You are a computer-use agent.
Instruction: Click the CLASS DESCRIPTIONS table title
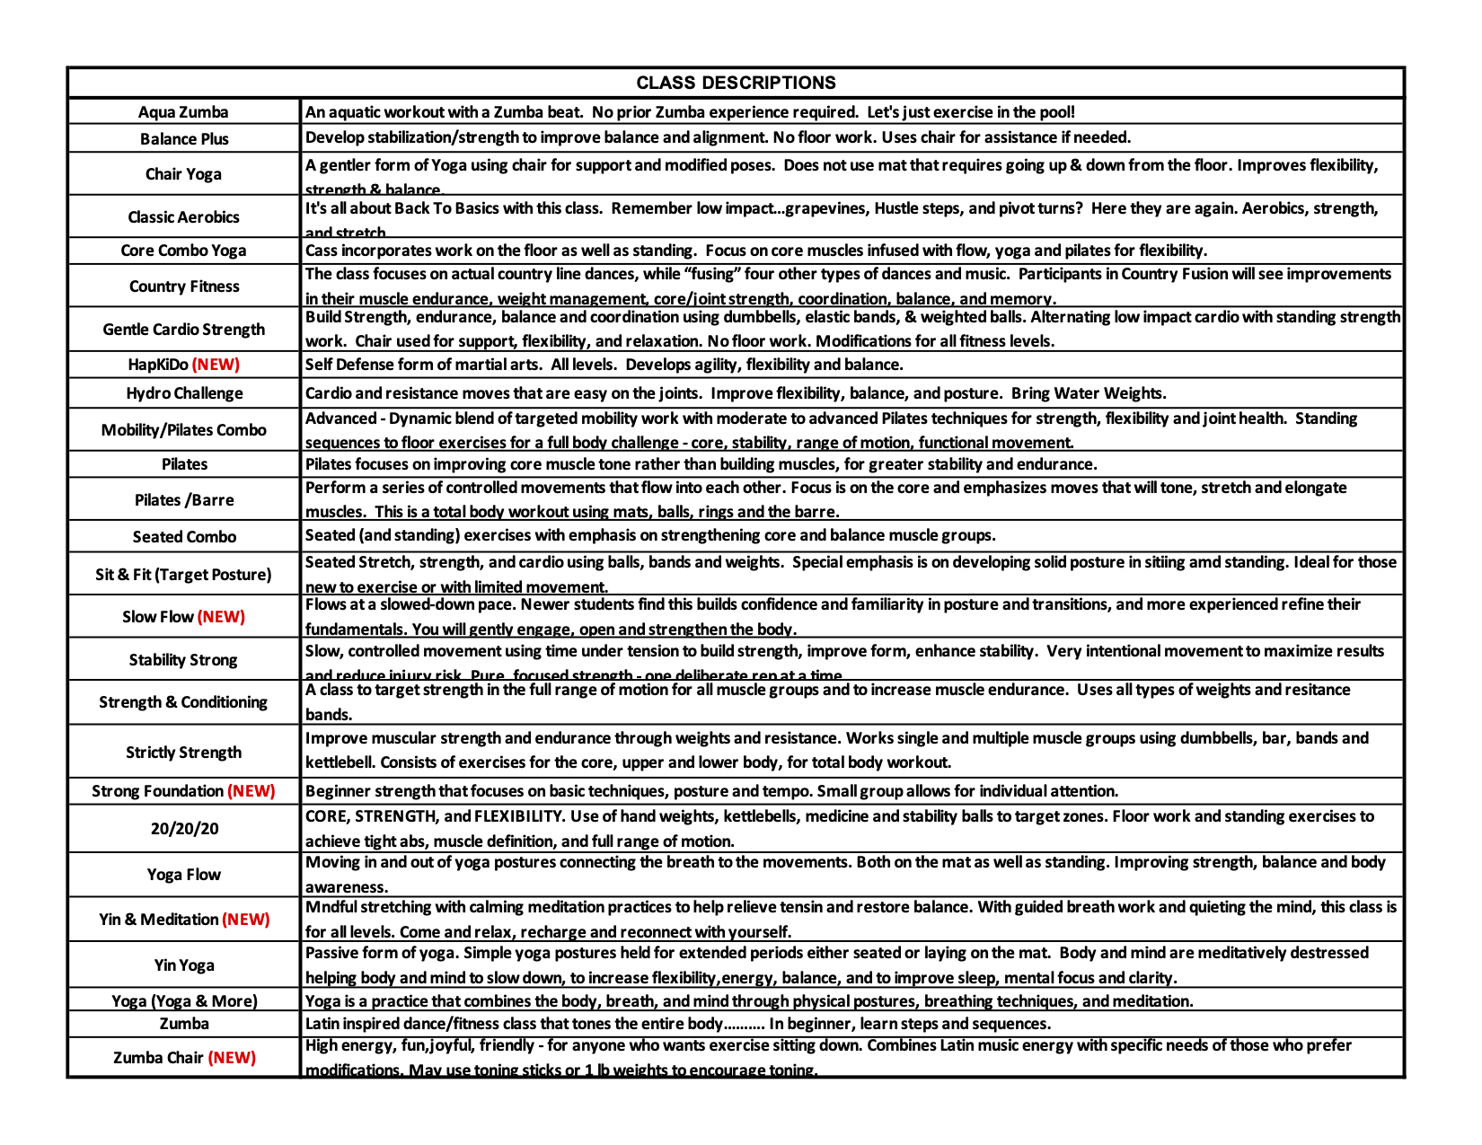point(736,83)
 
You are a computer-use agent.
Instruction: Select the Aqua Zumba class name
point(183,112)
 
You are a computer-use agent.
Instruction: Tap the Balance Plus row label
point(184,139)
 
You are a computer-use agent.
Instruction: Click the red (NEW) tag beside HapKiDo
point(216,365)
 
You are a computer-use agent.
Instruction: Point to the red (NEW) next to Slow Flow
point(221,617)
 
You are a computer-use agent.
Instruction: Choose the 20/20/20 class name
point(184,829)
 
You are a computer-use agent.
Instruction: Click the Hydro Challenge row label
point(184,393)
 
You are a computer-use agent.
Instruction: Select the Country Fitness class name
point(184,286)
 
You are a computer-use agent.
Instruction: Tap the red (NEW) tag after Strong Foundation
point(251,791)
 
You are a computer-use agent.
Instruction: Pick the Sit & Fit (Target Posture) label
point(183,575)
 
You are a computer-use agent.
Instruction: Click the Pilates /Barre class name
point(184,500)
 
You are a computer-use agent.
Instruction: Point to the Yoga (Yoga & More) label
point(184,1001)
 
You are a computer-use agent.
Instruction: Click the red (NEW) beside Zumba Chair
point(232,1058)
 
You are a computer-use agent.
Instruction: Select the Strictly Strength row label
point(184,753)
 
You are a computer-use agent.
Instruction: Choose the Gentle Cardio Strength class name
point(184,330)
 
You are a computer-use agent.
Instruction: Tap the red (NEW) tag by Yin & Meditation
point(246,920)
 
